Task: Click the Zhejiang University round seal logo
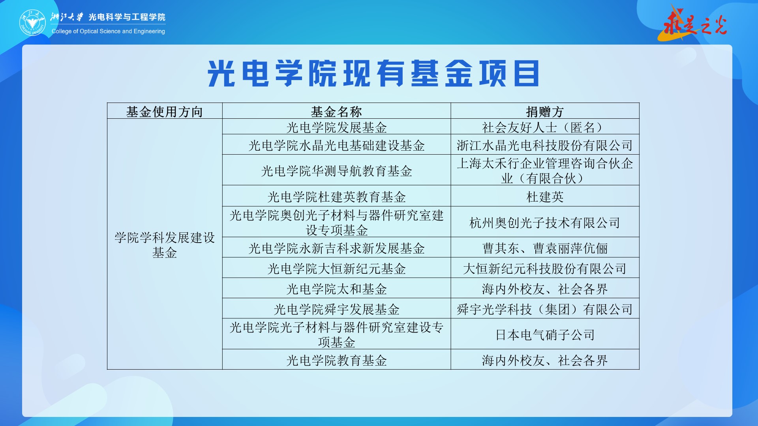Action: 33,23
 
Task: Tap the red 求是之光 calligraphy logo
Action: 693,24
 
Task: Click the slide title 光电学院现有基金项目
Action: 373,73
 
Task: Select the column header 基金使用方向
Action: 165,112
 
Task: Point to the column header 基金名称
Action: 336,112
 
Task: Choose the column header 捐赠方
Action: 545,112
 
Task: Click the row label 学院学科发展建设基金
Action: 165,245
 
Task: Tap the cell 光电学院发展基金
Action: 336,127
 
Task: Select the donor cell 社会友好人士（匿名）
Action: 545,127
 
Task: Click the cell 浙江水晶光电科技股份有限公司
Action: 545,146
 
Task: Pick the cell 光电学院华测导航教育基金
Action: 336,171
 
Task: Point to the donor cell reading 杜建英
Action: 545,197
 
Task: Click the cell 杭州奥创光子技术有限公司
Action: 545,223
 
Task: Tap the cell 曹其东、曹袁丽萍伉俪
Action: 545,248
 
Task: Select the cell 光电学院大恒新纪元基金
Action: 336,269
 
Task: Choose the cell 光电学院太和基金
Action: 336,289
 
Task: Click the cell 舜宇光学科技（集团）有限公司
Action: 545,309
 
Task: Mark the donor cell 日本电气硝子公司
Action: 545,335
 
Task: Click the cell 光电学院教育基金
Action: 336,360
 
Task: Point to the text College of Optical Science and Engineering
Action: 108,31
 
